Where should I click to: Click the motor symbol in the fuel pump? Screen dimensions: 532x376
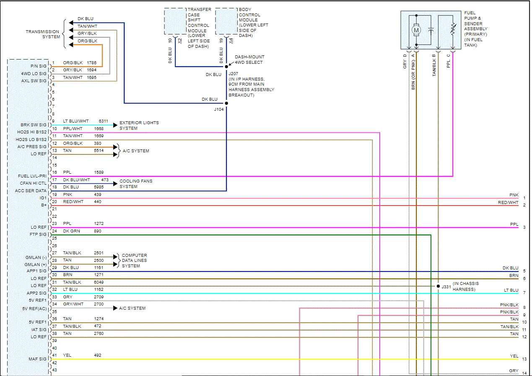coord(416,30)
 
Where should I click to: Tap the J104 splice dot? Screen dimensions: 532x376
coord(226,103)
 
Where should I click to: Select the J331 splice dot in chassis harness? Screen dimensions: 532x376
coord(438,286)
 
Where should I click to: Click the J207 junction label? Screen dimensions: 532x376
coord(233,74)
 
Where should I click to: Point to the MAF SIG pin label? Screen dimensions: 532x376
coord(38,359)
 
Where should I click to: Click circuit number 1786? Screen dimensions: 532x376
coord(91,63)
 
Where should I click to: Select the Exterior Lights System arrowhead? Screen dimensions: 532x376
coord(115,125)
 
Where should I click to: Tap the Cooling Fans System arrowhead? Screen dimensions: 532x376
coord(115,183)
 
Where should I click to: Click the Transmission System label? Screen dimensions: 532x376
coord(43,34)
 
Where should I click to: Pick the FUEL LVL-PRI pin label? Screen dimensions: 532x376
coord(32,176)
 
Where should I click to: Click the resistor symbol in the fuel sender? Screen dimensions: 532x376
coord(453,29)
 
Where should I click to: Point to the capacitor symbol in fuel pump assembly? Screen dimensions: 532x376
coord(431,30)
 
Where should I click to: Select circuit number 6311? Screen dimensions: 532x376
coord(103,121)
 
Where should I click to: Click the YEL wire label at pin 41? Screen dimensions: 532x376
coord(67,355)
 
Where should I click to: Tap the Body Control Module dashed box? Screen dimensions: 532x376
coord(226,21)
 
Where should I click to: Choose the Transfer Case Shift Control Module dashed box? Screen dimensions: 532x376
coord(175,21)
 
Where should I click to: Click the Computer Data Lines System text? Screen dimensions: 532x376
coord(135,261)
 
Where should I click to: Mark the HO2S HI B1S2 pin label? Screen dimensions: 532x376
coord(32,132)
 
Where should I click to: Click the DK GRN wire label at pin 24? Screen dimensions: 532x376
coord(71,231)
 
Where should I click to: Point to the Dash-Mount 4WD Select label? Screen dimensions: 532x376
coord(249,60)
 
